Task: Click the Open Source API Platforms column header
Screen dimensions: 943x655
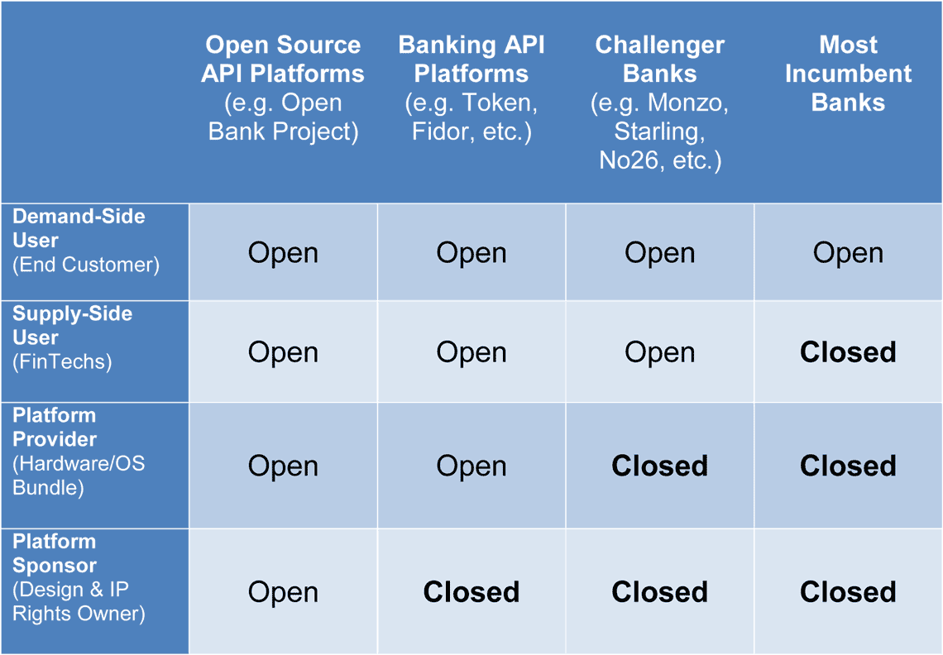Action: [x=283, y=88]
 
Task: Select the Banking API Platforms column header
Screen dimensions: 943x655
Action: [x=471, y=88]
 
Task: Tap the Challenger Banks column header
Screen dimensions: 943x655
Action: [x=660, y=103]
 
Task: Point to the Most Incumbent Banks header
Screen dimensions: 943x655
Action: [x=848, y=74]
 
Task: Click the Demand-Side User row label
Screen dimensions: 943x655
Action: [x=86, y=241]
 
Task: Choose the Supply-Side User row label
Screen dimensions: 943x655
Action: [x=72, y=337]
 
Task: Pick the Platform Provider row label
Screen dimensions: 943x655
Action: [x=79, y=451]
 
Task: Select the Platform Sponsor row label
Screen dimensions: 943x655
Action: [x=79, y=577]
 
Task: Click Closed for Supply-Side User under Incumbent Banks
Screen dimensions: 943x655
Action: [x=848, y=351]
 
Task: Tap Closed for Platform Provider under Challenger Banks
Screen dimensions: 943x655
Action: [x=660, y=466]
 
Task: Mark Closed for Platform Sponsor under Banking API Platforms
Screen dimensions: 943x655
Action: [x=471, y=592]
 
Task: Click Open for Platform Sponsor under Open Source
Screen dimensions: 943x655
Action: [x=283, y=593]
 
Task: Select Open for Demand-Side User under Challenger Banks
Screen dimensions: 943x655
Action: [x=660, y=253]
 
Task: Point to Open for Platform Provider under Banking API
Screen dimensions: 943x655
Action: [x=471, y=466]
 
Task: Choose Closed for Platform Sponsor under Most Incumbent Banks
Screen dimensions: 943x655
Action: [x=848, y=592]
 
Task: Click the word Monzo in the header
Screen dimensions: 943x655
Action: [x=688, y=103]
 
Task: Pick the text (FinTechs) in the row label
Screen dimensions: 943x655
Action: [x=62, y=361]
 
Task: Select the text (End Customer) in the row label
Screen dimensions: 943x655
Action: [x=86, y=265]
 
